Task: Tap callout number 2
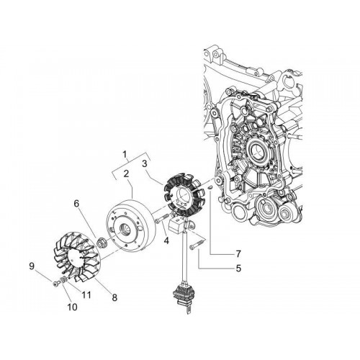tap(127, 174)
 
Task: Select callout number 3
tap(144, 164)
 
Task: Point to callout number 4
tap(166, 240)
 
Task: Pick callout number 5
tap(238, 269)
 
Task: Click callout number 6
tap(76, 204)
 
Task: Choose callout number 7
tap(238, 253)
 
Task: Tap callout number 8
tap(114, 297)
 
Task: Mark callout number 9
tap(32, 266)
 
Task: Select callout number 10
tap(72, 307)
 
